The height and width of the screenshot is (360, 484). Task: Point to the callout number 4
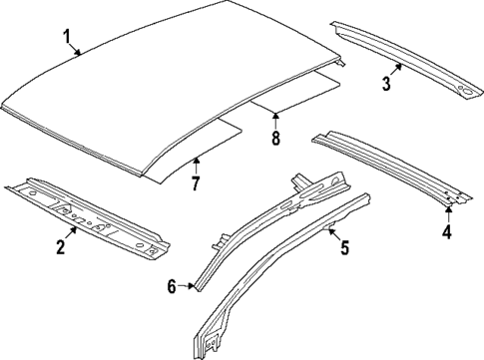click(447, 232)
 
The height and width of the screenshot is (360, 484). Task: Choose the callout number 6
click(172, 286)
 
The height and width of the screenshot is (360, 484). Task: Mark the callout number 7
click(196, 184)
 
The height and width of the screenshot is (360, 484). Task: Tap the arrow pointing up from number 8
click(276, 121)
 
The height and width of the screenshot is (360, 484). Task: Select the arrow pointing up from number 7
click(196, 166)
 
